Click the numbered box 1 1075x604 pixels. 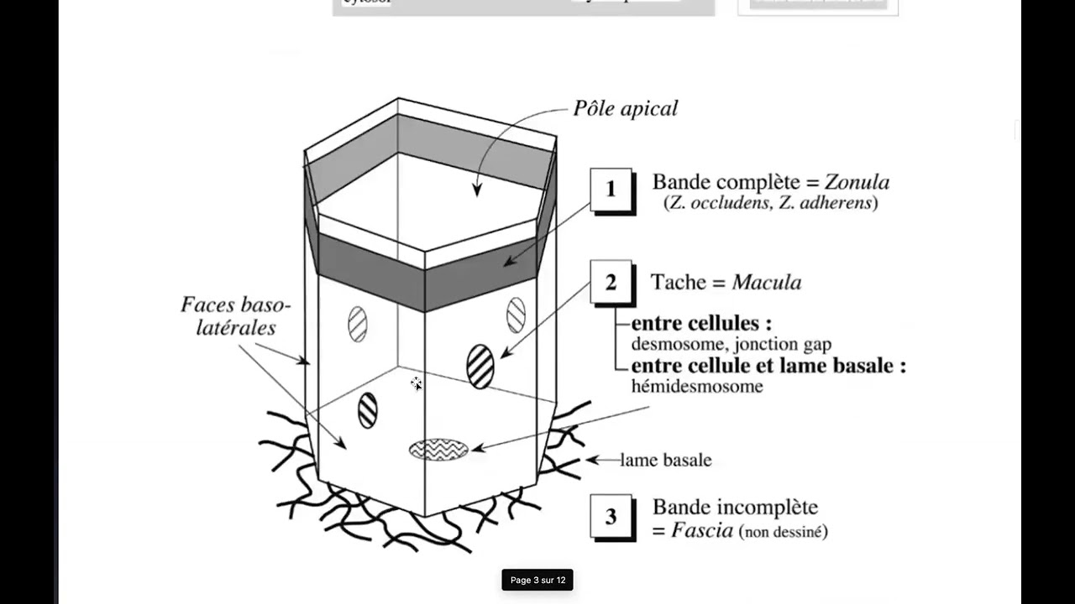(611, 190)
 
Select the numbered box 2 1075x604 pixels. (611, 282)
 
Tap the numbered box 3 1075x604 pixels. (611, 516)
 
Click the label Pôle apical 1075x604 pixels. (625, 109)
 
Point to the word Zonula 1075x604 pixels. (857, 182)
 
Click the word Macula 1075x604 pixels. (766, 283)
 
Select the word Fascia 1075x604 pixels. (702, 531)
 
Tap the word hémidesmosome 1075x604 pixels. (697, 387)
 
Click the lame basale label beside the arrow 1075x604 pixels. (665, 460)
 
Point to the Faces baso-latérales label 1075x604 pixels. (235, 315)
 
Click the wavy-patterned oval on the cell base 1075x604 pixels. (438, 450)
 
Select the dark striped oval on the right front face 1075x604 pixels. (480, 366)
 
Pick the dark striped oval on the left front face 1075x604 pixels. (368, 410)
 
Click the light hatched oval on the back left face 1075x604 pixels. (358, 324)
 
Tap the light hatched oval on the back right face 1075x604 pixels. (516, 315)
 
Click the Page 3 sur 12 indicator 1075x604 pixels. (537, 580)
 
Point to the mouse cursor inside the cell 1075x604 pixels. (417, 384)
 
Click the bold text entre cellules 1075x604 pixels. (701, 323)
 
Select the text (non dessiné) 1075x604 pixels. (783, 532)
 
